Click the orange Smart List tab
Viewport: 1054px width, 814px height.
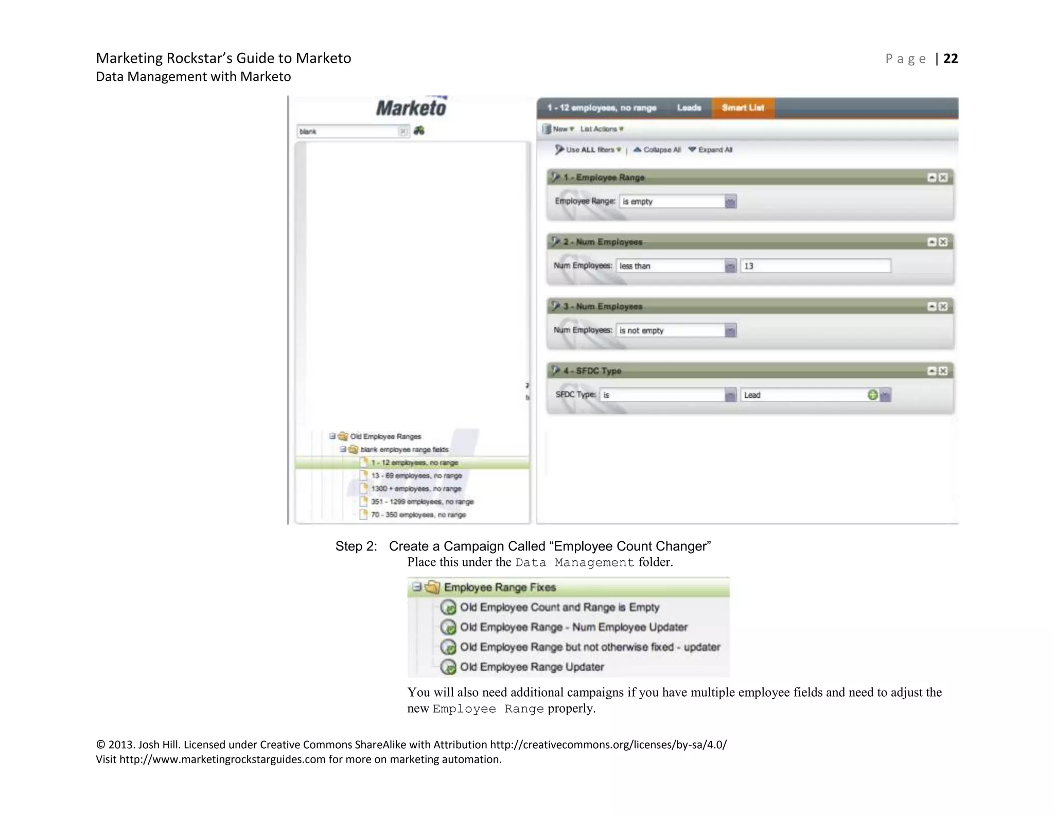pyautogui.click(x=743, y=108)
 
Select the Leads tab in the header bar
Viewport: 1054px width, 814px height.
pyautogui.click(x=689, y=108)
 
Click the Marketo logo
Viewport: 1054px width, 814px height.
pyautogui.click(x=411, y=108)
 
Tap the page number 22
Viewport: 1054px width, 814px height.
pyautogui.click(x=951, y=59)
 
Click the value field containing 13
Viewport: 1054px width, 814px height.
pyautogui.click(x=815, y=266)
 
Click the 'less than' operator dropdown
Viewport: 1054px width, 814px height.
pyautogui.click(x=676, y=266)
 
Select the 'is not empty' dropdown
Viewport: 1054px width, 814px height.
pyautogui.click(x=676, y=330)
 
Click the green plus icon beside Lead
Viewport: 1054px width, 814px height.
pyautogui.click(x=872, y=395)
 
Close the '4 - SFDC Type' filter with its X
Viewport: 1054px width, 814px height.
pyautogui.click(x=943, y=371)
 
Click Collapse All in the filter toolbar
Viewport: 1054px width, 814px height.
pyautogui.click(x=657, y=150)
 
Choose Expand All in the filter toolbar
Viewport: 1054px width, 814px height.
pyautogui.click(x=711, y=150)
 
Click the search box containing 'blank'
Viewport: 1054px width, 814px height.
pyautogui.click(x=348, y=132)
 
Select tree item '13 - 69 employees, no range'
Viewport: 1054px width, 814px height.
pyautogui.click(x=416, y=475)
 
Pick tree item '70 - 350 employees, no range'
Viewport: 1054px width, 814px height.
pyautogui.click(x=418, y=515)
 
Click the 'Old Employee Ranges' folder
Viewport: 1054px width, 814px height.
pyautogui.click(x=385, y=436)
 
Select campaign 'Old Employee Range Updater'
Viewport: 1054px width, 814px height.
pyautogui.click(x=532, y=667)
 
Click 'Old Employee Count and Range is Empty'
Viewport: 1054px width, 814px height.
pyautogui.click(x=559, y=607)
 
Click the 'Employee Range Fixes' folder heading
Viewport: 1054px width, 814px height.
pyautogui.click(x=500, y=587)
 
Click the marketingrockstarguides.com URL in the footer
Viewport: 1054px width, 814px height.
pyautogui.click(x=222, y=759)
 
